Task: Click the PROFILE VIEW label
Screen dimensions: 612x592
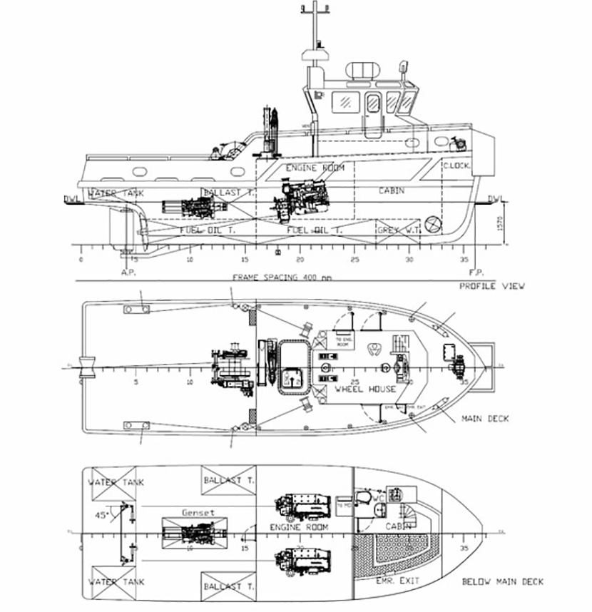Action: (x=492, y=286)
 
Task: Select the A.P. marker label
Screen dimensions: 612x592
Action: (x=128, y=272)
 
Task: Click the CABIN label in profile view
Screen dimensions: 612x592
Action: (x=392, y=190)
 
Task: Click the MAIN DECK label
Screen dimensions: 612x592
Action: (x=485, y=419)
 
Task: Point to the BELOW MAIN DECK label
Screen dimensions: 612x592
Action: (x=503, y=581)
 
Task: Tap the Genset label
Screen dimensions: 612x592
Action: (x=198, y=512)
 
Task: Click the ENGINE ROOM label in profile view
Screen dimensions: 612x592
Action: (x=315, y=168)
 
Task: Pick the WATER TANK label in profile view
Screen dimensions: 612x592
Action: (x=116, y=193)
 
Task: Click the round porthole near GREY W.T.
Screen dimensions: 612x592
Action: (x=432, y=225)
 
